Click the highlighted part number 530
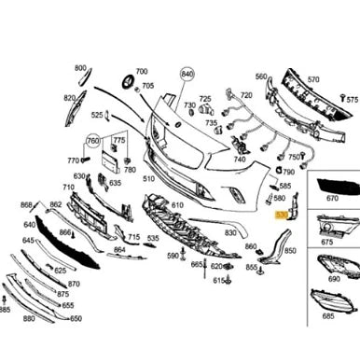coord(282,215)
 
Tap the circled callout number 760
coord(93,141)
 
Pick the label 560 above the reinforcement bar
coord(261,77)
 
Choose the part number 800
coord(80,69)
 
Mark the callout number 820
coord(69,98)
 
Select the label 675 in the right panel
coord(326,243)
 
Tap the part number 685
coord(327,291)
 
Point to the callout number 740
coord(240,160)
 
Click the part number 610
coord(176,204)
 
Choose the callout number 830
coord(229,232)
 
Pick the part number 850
coord(290,251)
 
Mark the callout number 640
coord(30,224)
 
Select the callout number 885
coord(6,309)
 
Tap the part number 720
coord(245,95)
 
